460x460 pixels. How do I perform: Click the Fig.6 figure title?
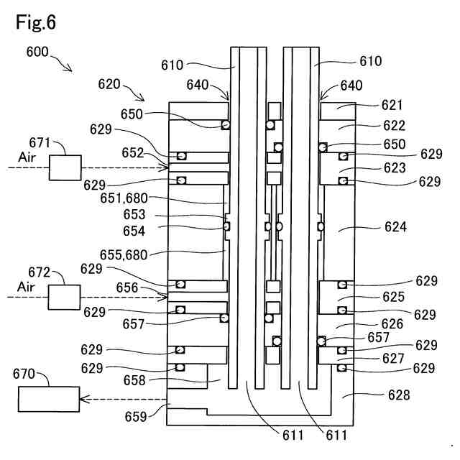[x=35, y=22]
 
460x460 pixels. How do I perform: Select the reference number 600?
[x=38, y=52]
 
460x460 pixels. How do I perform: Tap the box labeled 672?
[x=65, y=296]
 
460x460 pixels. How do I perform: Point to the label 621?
[x=392, y=105]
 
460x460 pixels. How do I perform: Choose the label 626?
[x=392, y=324]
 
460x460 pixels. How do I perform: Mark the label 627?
[x=393, y=358]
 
